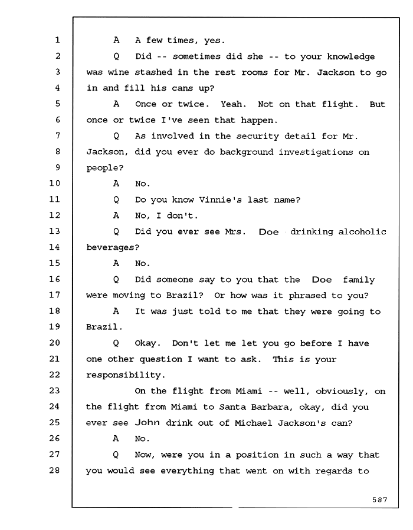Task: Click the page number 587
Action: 379,499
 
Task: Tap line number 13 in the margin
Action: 54,231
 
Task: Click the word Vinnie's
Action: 220,200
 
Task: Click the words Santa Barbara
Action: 254,407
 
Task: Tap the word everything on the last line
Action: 187,471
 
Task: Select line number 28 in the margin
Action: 54,471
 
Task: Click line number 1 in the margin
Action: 57,40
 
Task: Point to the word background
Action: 247,153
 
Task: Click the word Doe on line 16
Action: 322,280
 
